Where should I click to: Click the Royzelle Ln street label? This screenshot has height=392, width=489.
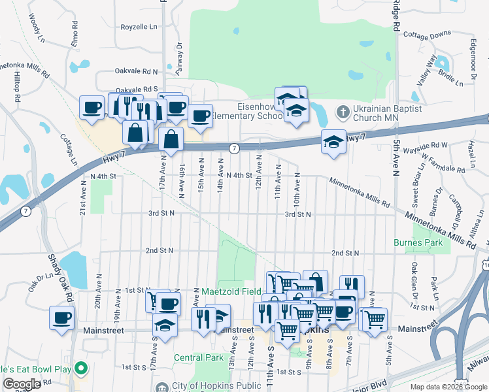click(x=139, y=27)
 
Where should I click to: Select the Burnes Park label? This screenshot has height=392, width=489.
click(x=413, y=242)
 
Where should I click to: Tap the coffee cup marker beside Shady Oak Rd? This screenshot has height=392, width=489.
click(x=63, y=319)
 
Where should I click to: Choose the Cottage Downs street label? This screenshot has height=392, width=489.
click(x=427, y=34)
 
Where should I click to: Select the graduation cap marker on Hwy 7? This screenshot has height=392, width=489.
click(x=333, y=141)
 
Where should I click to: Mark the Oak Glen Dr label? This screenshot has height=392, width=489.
click(x=414, y=278)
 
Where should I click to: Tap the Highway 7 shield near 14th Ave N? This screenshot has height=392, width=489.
click(x=233, y=149)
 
